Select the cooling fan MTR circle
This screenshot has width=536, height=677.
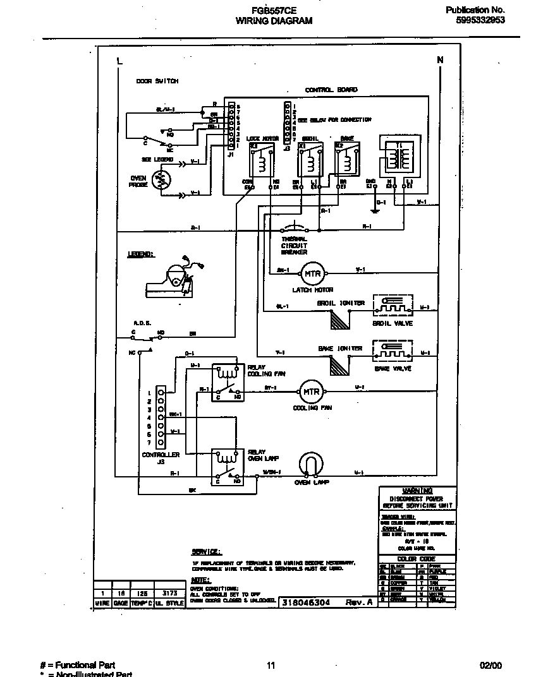tap(310, 392)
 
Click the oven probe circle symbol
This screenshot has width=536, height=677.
tap(162, 181)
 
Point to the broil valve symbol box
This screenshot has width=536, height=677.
tap(393, 307)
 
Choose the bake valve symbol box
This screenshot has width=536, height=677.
tap(393, 352)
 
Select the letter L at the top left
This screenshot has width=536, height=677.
tap(119, 61)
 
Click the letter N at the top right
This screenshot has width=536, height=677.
tap(440, 60)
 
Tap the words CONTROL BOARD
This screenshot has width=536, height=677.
tap(331, 90)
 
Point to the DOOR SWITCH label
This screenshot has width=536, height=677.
tap(157, 81)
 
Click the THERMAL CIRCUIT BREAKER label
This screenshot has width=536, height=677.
tap(294, 245)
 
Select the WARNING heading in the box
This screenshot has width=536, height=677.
tap(417, 491)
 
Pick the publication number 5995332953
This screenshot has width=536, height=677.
tap(480, 20)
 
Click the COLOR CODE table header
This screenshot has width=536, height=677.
tap(417, 559)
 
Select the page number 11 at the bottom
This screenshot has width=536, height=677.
tap(271, 665)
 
